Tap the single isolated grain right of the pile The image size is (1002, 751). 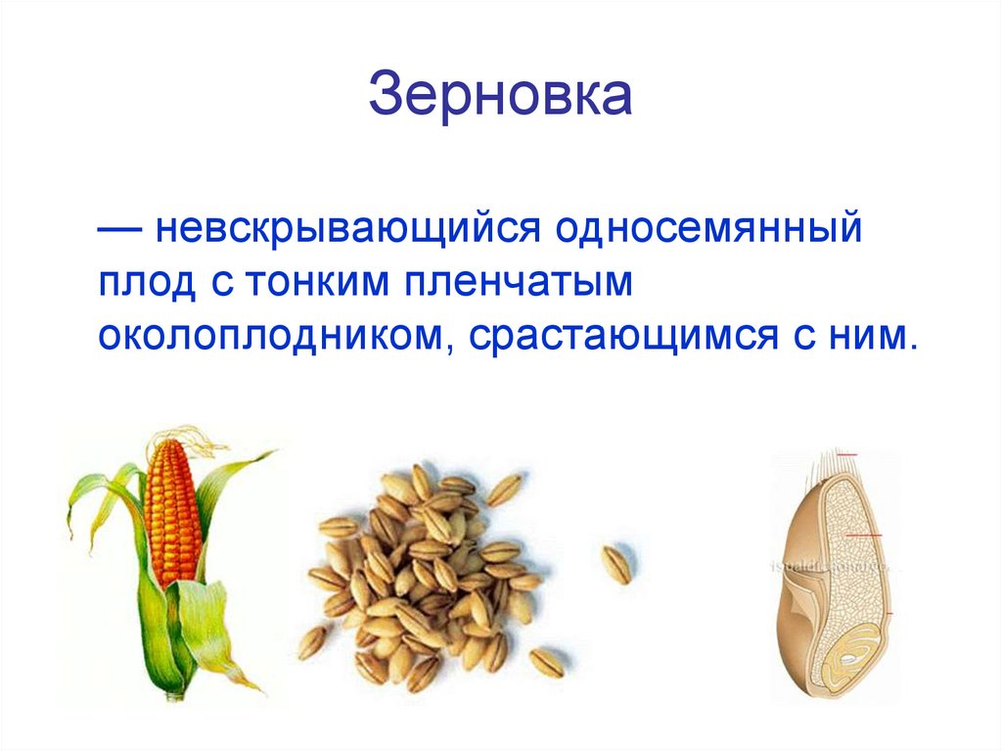pos(616,565)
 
